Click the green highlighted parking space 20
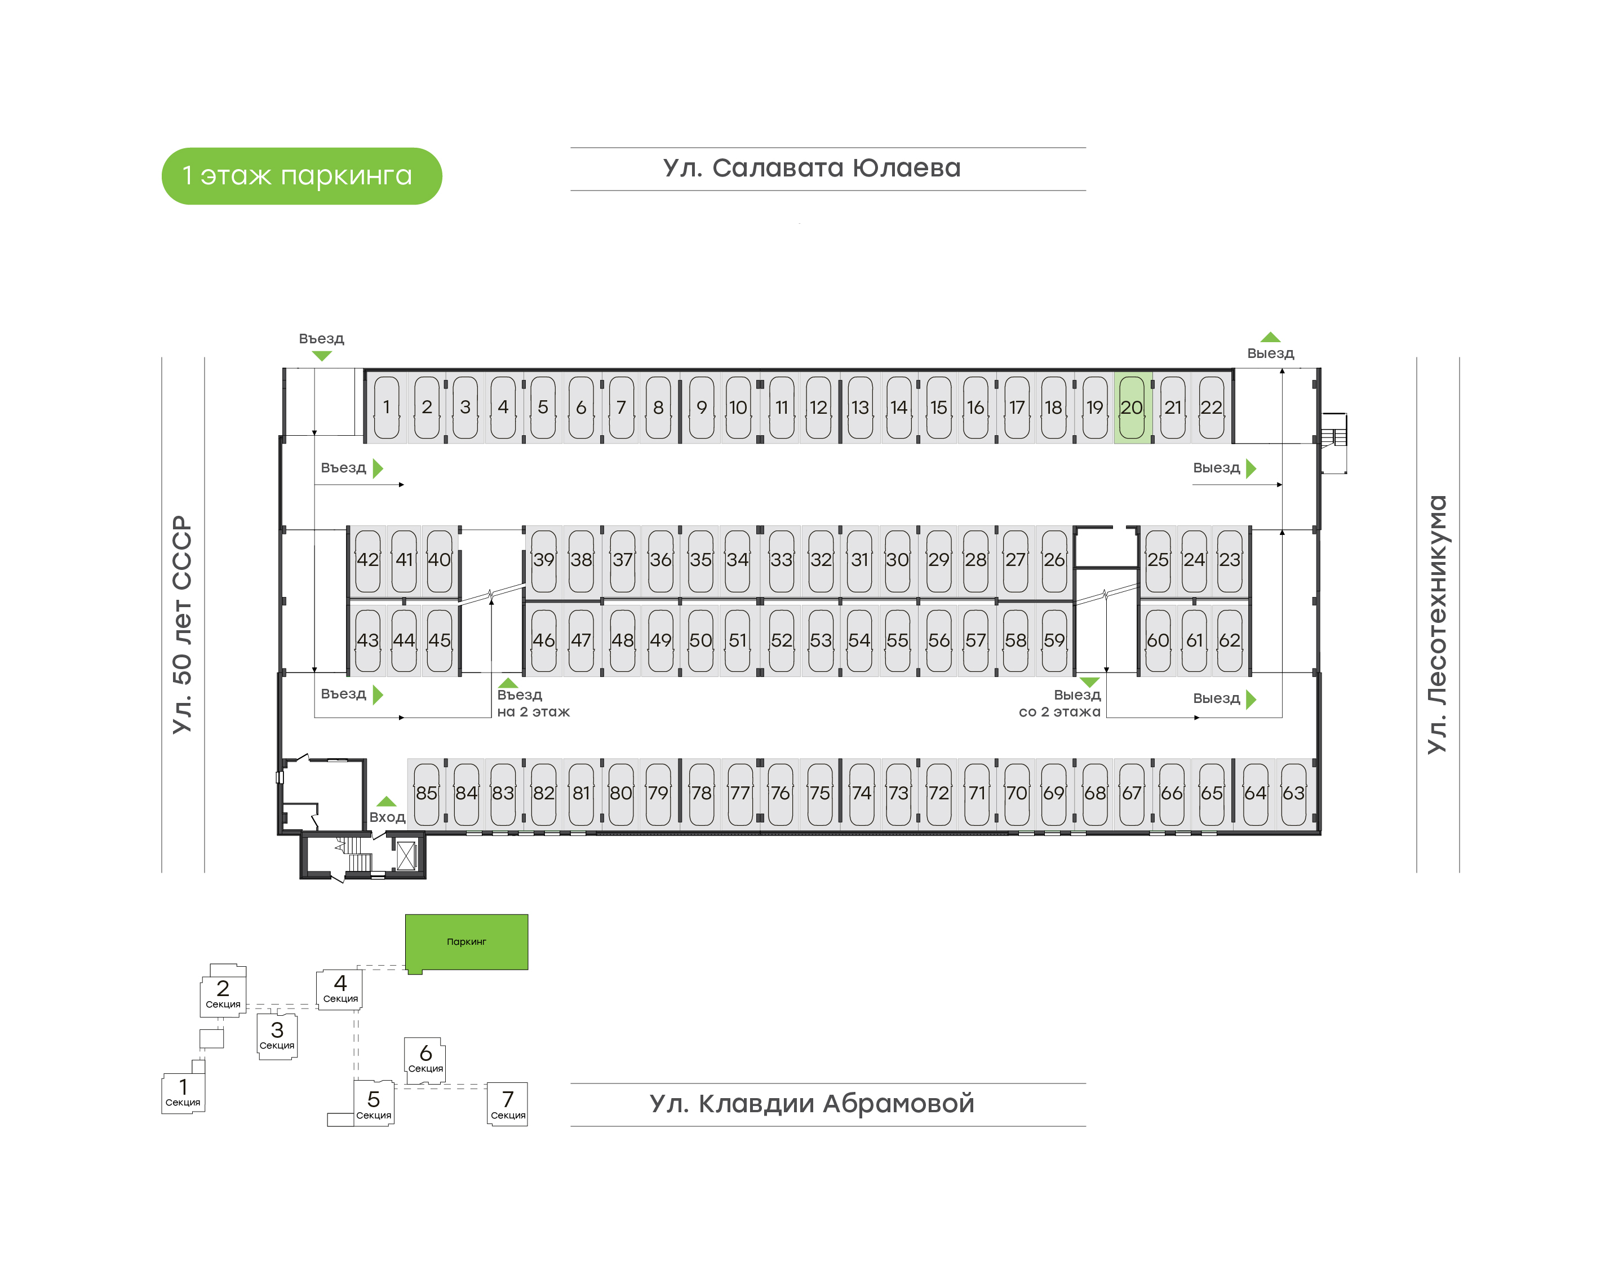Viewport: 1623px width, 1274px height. pyautogui.click(x=1133, y=407)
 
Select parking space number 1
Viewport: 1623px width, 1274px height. pyautogui.click(x=386, y=407)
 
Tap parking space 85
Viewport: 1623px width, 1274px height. pyautogui.click(x=427, y=793)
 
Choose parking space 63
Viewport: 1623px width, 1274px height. pyautogui.click(x=1293, y=793)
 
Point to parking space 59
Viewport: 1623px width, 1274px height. pyautogui.click(x=1053, y=640)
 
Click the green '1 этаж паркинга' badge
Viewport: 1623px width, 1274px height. pyautogui.click(x=302, y=176)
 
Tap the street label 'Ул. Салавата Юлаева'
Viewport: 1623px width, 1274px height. pyautogui.click(x=812, y=168)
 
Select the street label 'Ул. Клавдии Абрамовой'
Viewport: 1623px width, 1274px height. pyautogui.click(x=812, y=1103)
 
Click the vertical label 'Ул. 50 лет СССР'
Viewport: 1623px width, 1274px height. pyautogui.click(x=183, y=625)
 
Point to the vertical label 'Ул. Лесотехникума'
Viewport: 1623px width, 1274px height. pyautogui.click(x=1436, y=625)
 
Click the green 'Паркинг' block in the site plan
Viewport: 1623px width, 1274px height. pyautogui.click(x=467, y=942)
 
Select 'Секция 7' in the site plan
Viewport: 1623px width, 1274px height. pyautogui.click(x=508, y=1104)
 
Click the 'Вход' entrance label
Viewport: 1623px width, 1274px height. pyautogui.click(x=387, y=817)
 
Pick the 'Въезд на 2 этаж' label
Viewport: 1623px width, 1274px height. pyautogui.click(x=533, y=702)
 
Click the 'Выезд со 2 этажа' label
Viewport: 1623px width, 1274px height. pyautogui.click(x=1059, y=702)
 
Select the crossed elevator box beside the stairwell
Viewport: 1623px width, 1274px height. pyautogui.click(x=406, y=856)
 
